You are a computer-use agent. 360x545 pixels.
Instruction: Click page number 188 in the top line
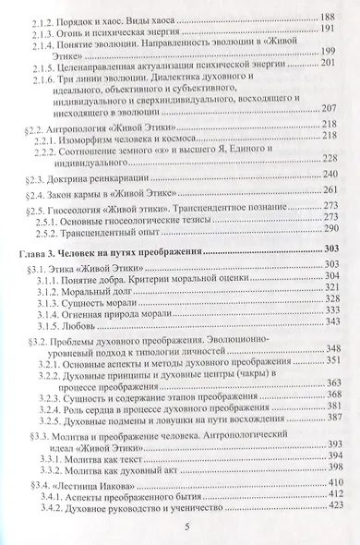329,18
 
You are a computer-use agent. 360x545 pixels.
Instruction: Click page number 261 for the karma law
330,190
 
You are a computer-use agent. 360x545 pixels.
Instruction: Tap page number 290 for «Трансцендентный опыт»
330,228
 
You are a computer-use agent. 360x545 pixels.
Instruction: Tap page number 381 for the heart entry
330,406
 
